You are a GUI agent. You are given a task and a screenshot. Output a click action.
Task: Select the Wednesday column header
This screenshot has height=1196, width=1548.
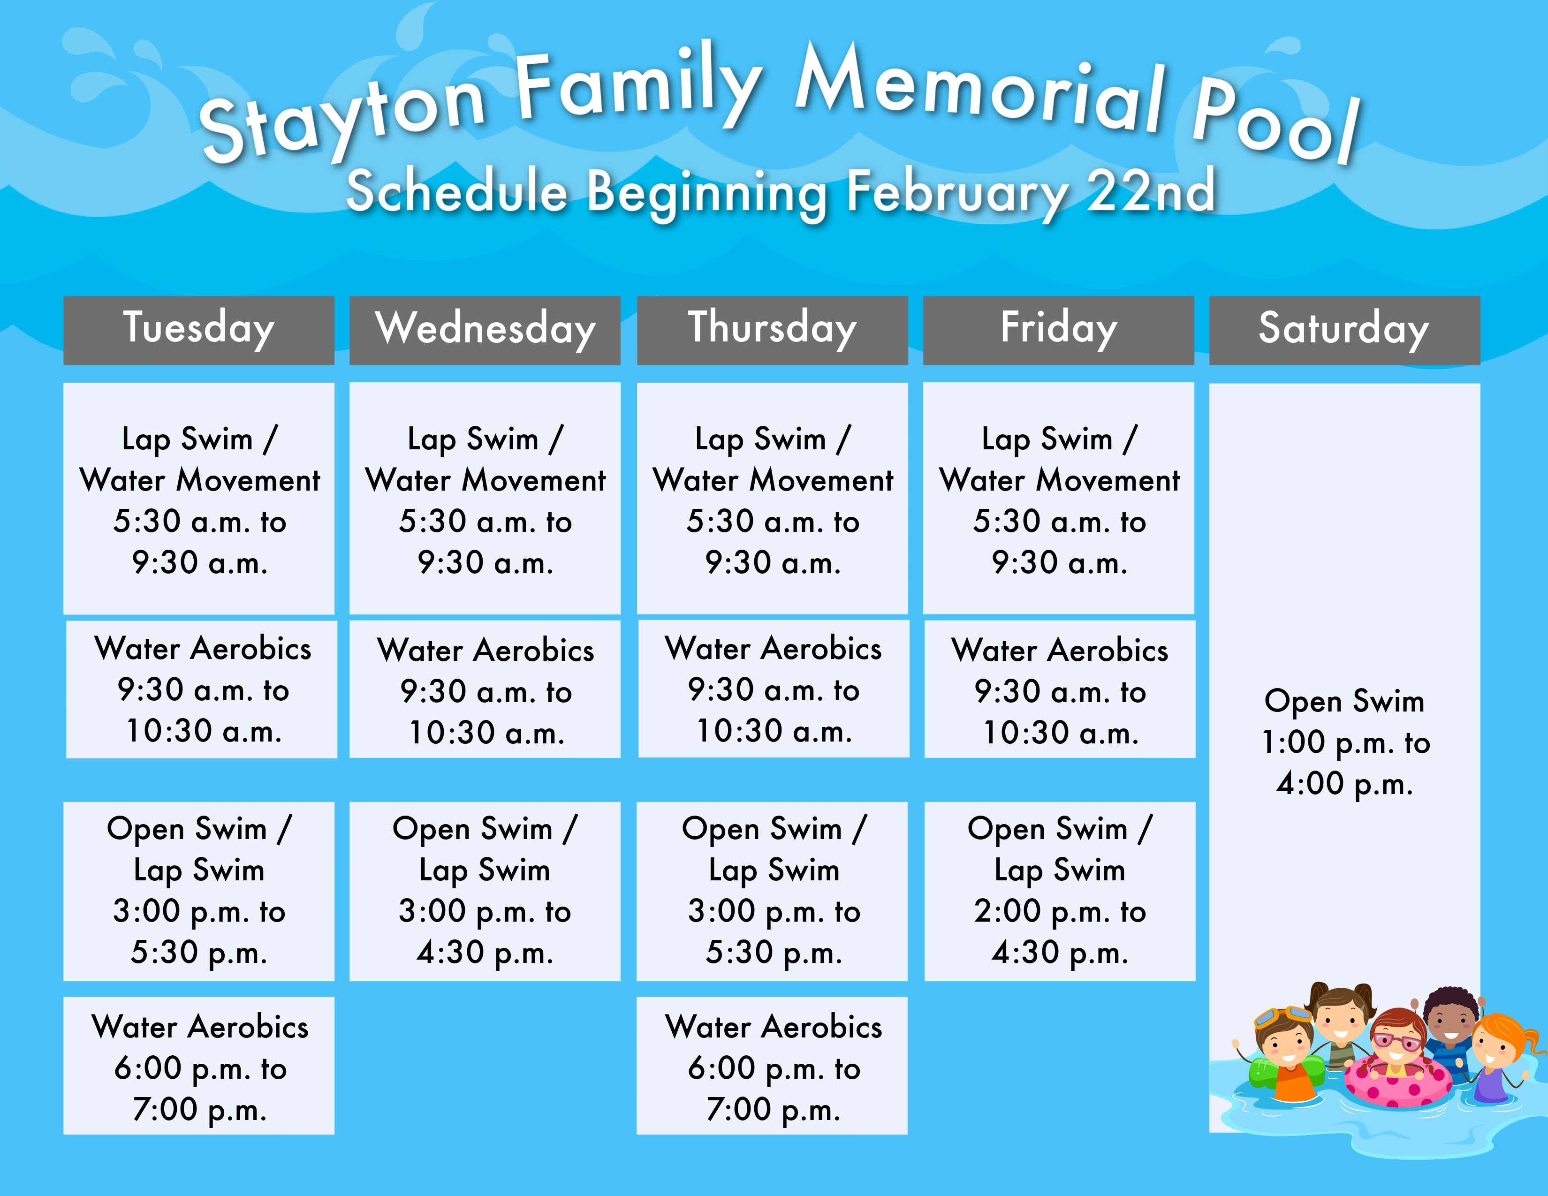point(485,330)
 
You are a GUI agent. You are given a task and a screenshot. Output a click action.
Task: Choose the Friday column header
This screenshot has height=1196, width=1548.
point(1058,330)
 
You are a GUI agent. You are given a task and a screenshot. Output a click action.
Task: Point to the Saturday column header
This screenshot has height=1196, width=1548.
point(1344,330)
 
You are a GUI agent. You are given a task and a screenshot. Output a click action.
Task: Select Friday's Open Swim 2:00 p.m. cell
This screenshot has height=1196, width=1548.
point(1060,891)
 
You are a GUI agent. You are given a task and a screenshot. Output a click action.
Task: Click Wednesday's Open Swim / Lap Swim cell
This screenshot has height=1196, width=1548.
point(485,891)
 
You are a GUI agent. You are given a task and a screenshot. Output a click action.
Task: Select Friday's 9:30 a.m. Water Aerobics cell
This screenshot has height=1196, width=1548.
point(1060,689)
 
